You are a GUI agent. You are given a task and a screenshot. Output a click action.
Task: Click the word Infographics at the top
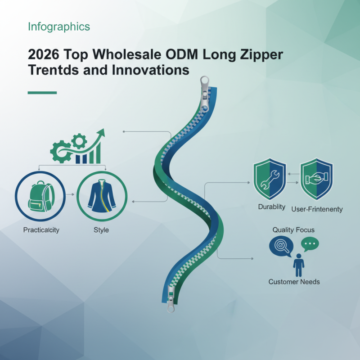tap(59, 27)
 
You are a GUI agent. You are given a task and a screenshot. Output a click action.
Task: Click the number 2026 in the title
tap(43, 54)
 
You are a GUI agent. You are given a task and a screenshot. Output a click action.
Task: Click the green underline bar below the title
tap(42, 93)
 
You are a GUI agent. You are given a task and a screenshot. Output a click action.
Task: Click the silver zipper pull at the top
tap(205, 94)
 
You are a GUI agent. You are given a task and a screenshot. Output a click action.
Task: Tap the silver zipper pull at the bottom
tap(171, 299)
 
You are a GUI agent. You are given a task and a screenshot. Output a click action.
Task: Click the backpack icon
tap(41, 196)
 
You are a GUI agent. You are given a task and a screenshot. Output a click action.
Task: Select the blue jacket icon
tap(102, 196)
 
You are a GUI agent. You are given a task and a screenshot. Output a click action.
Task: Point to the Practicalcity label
tap(41, 230)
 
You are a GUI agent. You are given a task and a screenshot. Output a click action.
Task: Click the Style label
tap(101, 230)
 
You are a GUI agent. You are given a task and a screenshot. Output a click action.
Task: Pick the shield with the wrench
tap(270, 179)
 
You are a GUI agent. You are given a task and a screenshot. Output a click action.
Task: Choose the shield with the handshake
tap(317, 179)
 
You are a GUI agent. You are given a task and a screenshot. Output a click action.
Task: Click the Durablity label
tap(272, 207)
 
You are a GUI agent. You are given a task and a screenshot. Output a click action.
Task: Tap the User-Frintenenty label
tap(317, 209)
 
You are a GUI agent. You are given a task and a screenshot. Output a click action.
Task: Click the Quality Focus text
tap(293, 230)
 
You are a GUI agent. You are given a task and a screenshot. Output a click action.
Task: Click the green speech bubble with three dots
tap(310, 244)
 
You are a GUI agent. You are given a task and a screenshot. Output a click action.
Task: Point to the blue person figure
tap(298, 265)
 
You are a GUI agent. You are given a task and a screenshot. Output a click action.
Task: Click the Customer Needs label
tap(294, 282)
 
